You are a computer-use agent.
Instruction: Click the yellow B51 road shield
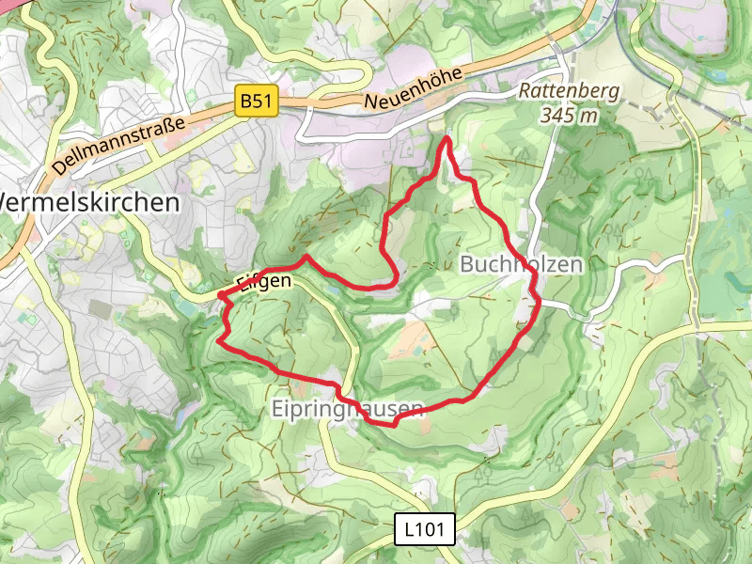tap(257, 102)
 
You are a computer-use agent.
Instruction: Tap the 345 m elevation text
tap(570, 115)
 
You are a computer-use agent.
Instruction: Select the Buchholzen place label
tap(521, 264)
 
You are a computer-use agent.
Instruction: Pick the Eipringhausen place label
tap(347, 408)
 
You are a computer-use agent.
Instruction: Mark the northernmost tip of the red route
tap(446, 139)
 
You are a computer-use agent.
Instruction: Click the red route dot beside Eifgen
tap(222, 296)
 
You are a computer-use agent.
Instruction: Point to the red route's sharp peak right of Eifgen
tap(305, 256)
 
